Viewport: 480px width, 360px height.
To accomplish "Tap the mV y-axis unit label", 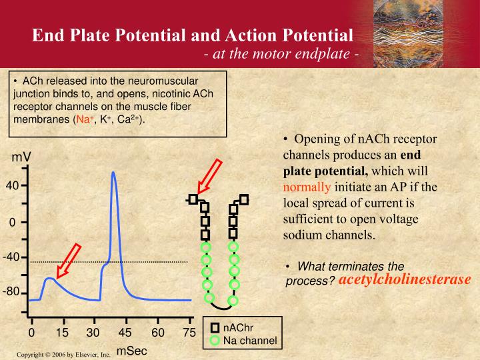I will (21, 158).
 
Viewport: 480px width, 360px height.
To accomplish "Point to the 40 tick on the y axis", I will (13, 186).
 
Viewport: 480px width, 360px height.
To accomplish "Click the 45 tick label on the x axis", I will (125, 333).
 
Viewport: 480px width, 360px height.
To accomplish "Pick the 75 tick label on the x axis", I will (189, 333).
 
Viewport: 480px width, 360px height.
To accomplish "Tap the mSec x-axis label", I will (131, 351).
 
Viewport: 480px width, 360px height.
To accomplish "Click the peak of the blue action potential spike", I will (113, 173).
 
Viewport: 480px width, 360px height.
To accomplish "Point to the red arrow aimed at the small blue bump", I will (69, 261).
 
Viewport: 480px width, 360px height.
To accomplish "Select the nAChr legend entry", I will (237, 328).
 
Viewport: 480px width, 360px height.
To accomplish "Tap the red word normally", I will (306, 187).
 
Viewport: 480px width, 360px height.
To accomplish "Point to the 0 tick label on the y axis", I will (12, 222).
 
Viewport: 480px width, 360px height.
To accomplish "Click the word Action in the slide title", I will (247, 34).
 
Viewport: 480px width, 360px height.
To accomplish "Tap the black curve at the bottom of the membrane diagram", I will (219, 306).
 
